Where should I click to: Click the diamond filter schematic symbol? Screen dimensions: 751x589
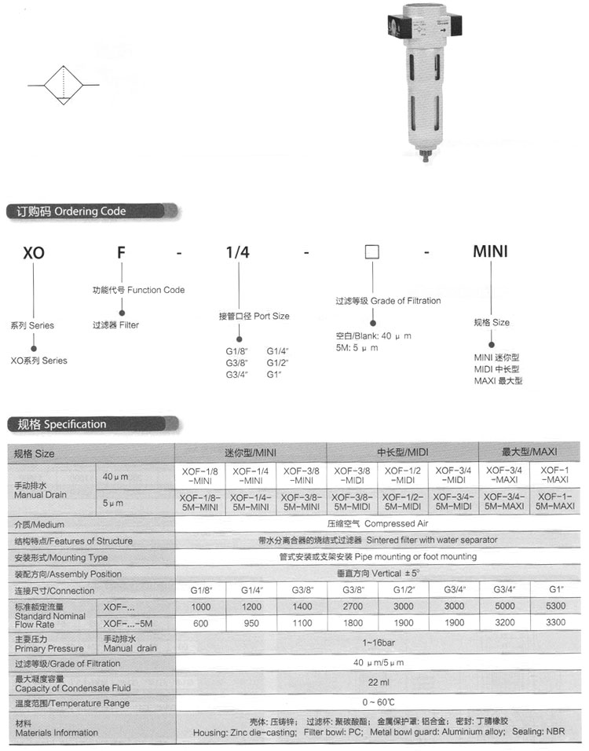tap(64, 84)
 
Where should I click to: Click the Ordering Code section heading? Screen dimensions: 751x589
tap(68, 211)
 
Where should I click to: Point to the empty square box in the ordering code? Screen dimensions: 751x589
tap(371, 252)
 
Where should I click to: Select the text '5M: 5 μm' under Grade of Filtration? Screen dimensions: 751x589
tap(357, 347)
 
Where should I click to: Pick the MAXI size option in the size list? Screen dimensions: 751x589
tap(498, 381)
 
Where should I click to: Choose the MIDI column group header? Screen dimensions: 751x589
tap(403, 453)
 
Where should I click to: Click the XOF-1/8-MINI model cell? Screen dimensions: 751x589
tap(199, 474)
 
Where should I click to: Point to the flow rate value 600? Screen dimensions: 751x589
tap(199, 624)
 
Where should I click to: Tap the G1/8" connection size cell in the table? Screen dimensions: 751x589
tap(199, 590)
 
